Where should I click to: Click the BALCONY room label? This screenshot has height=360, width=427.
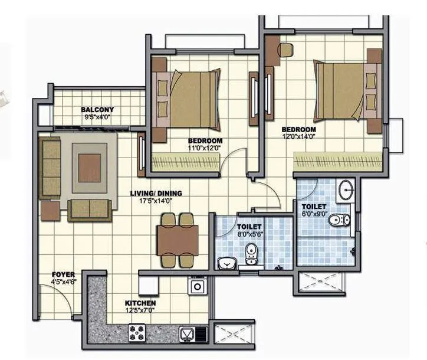(x=97, y=110)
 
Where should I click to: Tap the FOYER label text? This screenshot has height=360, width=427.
(x=63, y=274)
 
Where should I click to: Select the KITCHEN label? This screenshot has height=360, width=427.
(x=140, y=303)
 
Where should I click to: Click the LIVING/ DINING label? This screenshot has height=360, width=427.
(x=156, y=193)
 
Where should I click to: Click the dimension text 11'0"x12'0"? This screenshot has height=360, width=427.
(x=205, y=148)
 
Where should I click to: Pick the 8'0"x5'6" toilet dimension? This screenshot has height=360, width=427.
(x=249, y=234)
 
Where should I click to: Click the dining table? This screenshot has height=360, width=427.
(x=178, y=239)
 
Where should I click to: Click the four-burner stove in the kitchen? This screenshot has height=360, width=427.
(x=139, y=334)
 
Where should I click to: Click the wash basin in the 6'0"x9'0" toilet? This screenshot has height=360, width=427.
(x=347, y=190)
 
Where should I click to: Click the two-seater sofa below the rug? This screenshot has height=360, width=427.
(x=90, y=208)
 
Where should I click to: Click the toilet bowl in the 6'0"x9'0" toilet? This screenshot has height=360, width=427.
(x=340, y=221)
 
